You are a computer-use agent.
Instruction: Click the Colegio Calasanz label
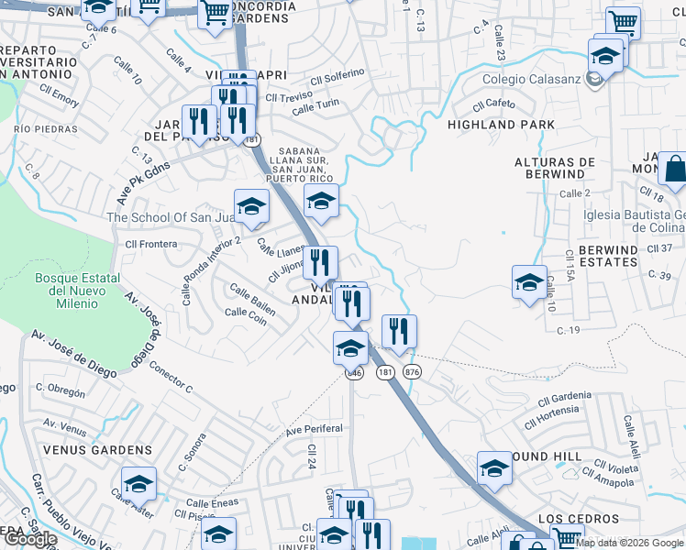coord(532,80)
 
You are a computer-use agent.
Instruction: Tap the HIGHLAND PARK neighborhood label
coord(501,124)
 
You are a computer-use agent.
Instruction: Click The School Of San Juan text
coord(171,217)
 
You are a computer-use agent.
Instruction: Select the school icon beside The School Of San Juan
coord(251,206)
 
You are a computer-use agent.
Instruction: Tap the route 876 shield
coord(412,371)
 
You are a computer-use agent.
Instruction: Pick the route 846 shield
coord(355,373)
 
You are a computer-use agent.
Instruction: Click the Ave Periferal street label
coord(314,429)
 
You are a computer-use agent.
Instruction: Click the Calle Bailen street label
coord(252,297)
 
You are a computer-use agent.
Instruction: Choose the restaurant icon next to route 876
coord(399,332)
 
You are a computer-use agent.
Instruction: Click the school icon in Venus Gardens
coord(138,483)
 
